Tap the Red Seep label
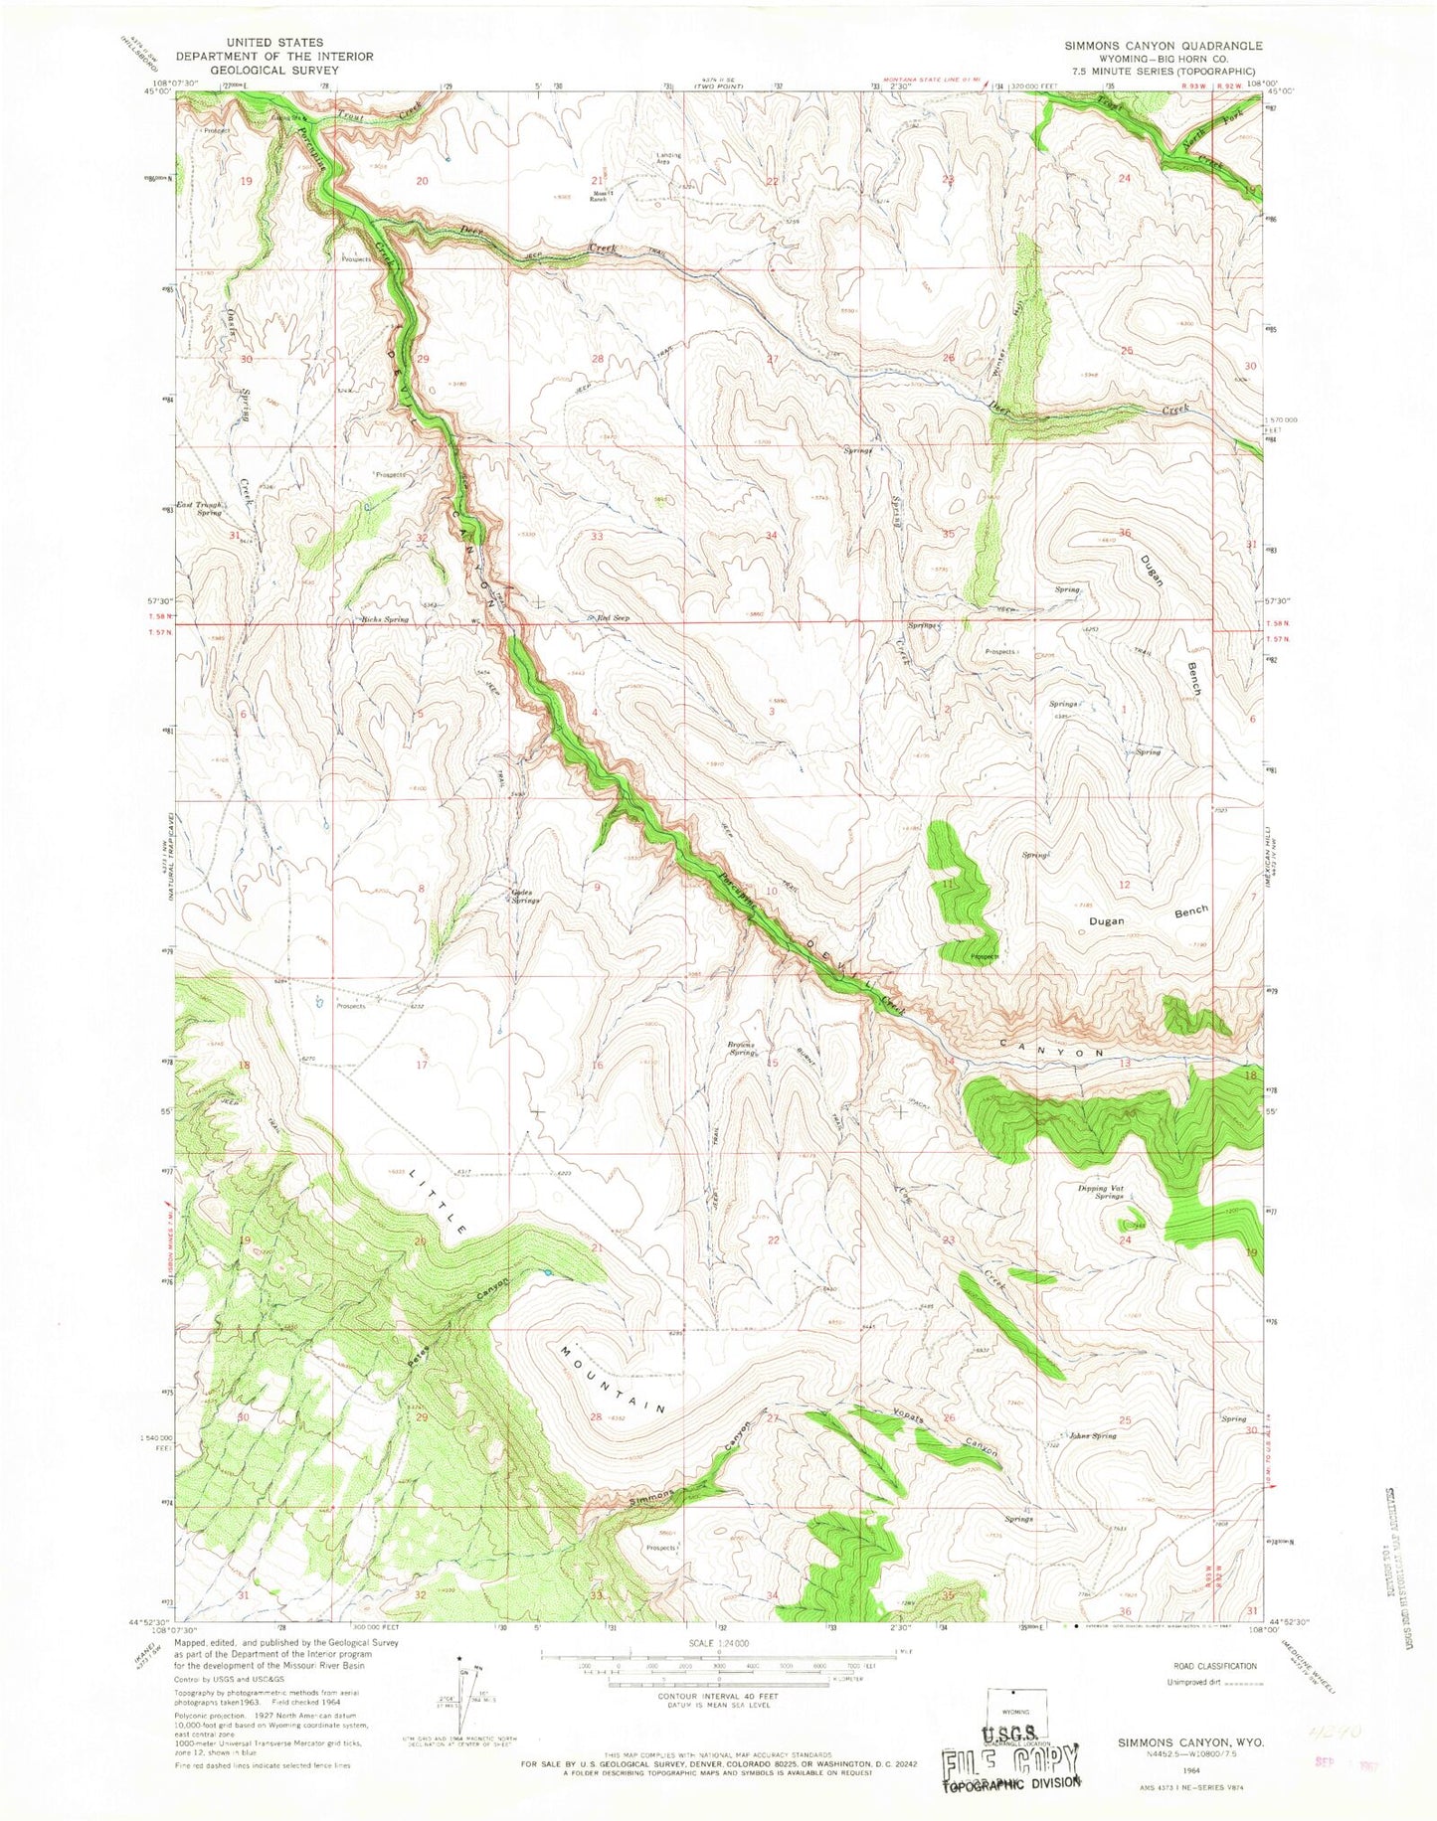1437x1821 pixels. pos(613,618)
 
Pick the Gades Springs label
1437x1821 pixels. pos(524,896)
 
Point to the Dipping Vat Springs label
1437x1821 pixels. pos(1100,1192)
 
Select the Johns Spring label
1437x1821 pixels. pos(1092,1435)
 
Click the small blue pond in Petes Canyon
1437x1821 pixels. pos(547,1272)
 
